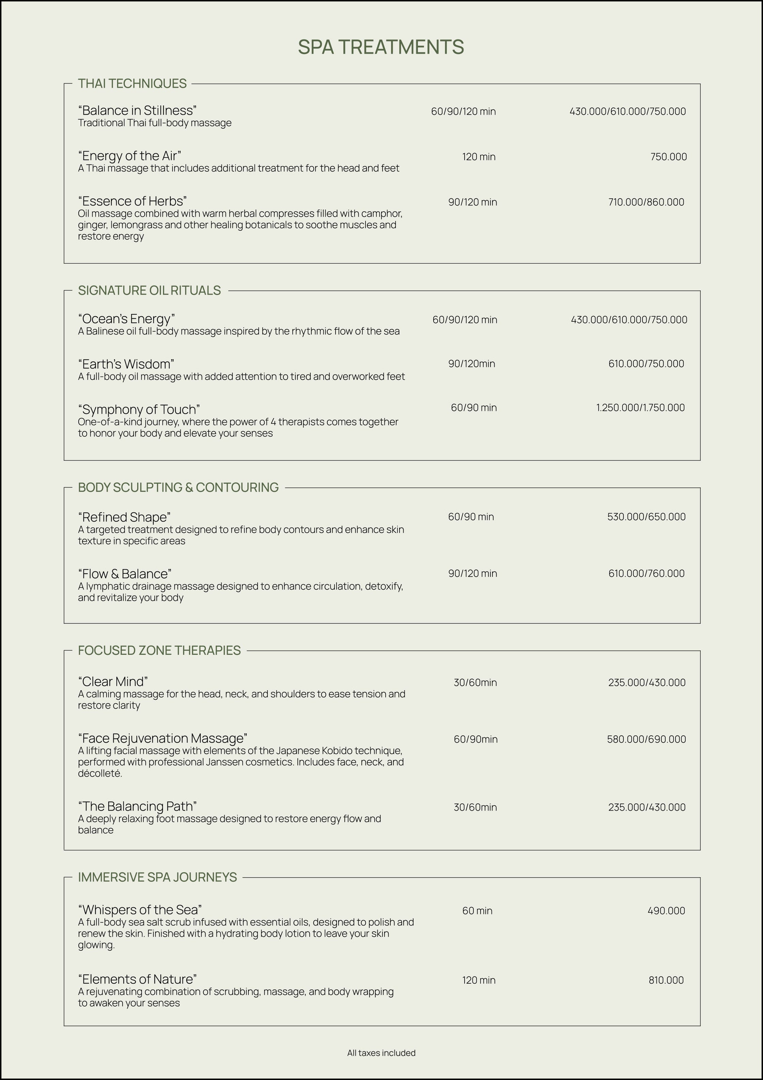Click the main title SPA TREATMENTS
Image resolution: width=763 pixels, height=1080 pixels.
(x=381, y=47)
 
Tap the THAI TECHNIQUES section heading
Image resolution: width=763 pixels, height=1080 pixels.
(x=132, y=83)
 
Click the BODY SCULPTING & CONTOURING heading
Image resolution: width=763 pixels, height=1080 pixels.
(x=178, y=487)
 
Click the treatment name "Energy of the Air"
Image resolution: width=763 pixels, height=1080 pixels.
(x=129, y=156)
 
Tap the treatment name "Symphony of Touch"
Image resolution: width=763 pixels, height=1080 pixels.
(x=139, y=409)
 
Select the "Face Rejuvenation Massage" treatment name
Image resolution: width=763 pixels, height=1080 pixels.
(x=162, y=738)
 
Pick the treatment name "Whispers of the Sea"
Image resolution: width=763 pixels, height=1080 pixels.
(x=140, y=909)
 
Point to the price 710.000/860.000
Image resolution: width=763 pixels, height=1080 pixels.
(x=646, y=202)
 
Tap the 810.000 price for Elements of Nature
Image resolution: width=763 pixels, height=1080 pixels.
(x=666, y=980)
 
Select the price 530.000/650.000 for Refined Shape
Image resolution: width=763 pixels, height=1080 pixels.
(x=646, y=517)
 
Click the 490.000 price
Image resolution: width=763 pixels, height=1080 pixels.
(x=666, y=911)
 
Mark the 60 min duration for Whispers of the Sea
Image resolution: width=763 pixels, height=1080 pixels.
(x=477, y=911)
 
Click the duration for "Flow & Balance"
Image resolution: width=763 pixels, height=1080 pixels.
(x=472, y=573)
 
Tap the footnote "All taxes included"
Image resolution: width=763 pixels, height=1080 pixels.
(x=381, y=1053)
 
